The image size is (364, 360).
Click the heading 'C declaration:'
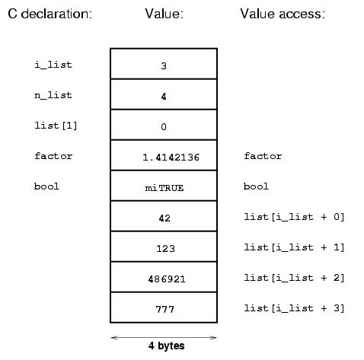[x=49, y=14]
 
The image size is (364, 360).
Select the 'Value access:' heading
[x=283, y=14]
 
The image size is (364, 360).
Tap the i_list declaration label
[x=53, y=65]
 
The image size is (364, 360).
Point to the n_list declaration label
[x=53, y=95]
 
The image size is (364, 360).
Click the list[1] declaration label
[x=56, y=126]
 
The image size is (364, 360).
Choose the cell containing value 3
[x=164, y=64]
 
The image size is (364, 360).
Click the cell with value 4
[x=164, y=94]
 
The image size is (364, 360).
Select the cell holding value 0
[x=164, y=125]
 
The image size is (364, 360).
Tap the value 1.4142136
[x=171, y=158]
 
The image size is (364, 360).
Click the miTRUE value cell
[x=164, y=186]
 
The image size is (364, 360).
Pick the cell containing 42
[x=164, y=216]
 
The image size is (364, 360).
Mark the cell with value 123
[x=164, y=247]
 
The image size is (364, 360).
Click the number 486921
[x=167, y=279]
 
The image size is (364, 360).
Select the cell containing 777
[x=164, y=307]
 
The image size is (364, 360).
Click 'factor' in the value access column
[x=263, y=156]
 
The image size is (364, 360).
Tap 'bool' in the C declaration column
[x=46, y=186]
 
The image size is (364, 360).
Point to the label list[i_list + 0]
[x=294, y=217]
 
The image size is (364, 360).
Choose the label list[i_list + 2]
[x=294, y=278]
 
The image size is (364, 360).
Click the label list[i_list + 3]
[x=294, y=308]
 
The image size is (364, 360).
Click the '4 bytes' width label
[x=167, y=346]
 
